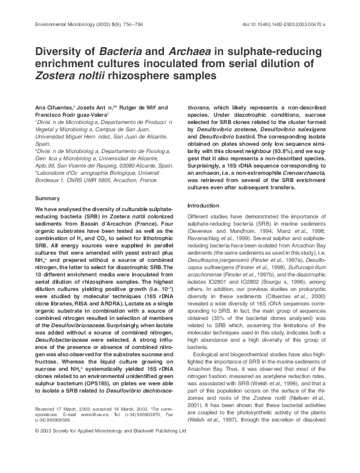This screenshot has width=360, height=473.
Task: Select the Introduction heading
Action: coord(203,206)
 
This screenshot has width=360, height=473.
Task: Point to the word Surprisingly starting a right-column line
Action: coord(207,165)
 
